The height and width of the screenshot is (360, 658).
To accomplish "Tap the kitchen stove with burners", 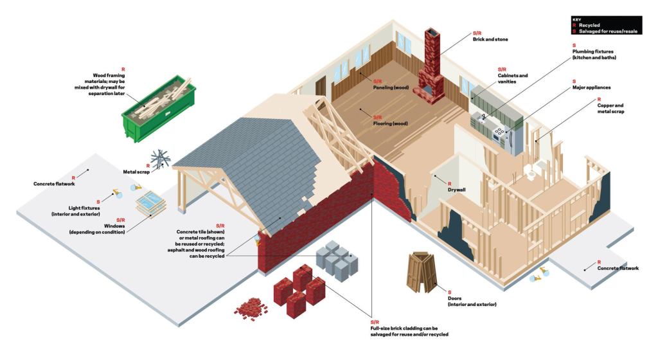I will [499, 132].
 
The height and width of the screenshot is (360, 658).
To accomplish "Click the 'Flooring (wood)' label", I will [394, 123].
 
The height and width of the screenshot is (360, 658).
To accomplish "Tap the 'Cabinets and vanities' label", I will [512, 79].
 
